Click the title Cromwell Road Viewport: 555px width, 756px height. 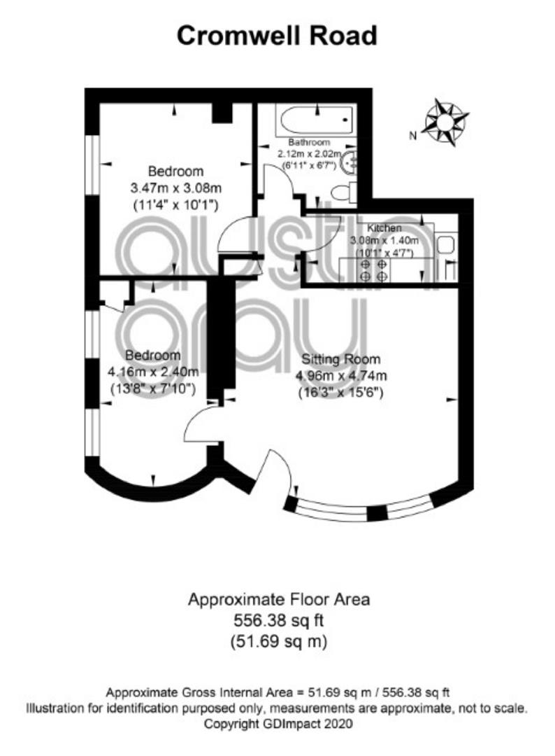277,36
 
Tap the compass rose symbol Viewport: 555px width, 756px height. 445,122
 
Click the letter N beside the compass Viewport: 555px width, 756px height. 412,136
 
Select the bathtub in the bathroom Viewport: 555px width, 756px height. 316,120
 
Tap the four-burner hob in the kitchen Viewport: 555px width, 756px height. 373,270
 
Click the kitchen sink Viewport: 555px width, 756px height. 446,244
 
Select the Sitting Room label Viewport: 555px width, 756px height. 341,359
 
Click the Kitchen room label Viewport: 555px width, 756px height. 384,227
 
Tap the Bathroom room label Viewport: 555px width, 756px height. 309,142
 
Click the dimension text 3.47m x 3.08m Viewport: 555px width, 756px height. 175,188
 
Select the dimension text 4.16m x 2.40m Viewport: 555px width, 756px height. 153,372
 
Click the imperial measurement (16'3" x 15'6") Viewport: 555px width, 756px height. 341,393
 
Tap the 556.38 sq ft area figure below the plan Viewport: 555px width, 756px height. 279,620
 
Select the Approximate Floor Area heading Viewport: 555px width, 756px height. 279,599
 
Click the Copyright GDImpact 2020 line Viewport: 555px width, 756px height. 278,724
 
